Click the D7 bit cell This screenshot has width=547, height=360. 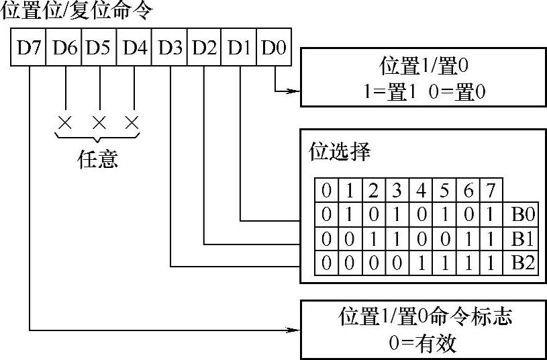[x=28, y=48]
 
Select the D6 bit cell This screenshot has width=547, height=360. [x=64, y=48]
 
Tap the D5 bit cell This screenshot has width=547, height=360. [x=99, y=48]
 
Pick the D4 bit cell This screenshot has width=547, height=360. [x=135, y=48]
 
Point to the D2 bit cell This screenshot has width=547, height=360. [x=205, y=48]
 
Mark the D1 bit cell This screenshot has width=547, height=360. [x=240, y=48]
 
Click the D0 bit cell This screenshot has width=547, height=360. [x=274, y=48]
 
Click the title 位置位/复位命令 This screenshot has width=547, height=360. [x=77, y=11]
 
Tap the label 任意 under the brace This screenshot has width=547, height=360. [x=98, y=159]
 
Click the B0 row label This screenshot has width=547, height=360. [x=522, y=216]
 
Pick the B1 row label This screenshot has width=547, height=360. [x=522, y=239]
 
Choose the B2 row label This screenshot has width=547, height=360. [x=522, y=262]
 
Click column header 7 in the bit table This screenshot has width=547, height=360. [x=491, y=191]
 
